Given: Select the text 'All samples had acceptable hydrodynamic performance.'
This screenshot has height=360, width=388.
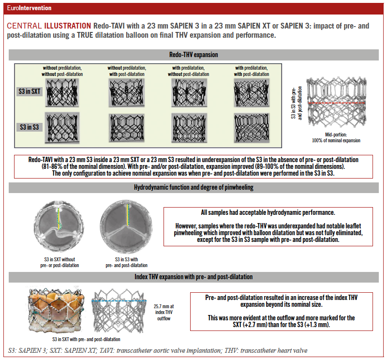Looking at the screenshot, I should [x=268, y=212].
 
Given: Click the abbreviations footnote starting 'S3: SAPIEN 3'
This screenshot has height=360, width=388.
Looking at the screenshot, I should [x=157, y=350].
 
